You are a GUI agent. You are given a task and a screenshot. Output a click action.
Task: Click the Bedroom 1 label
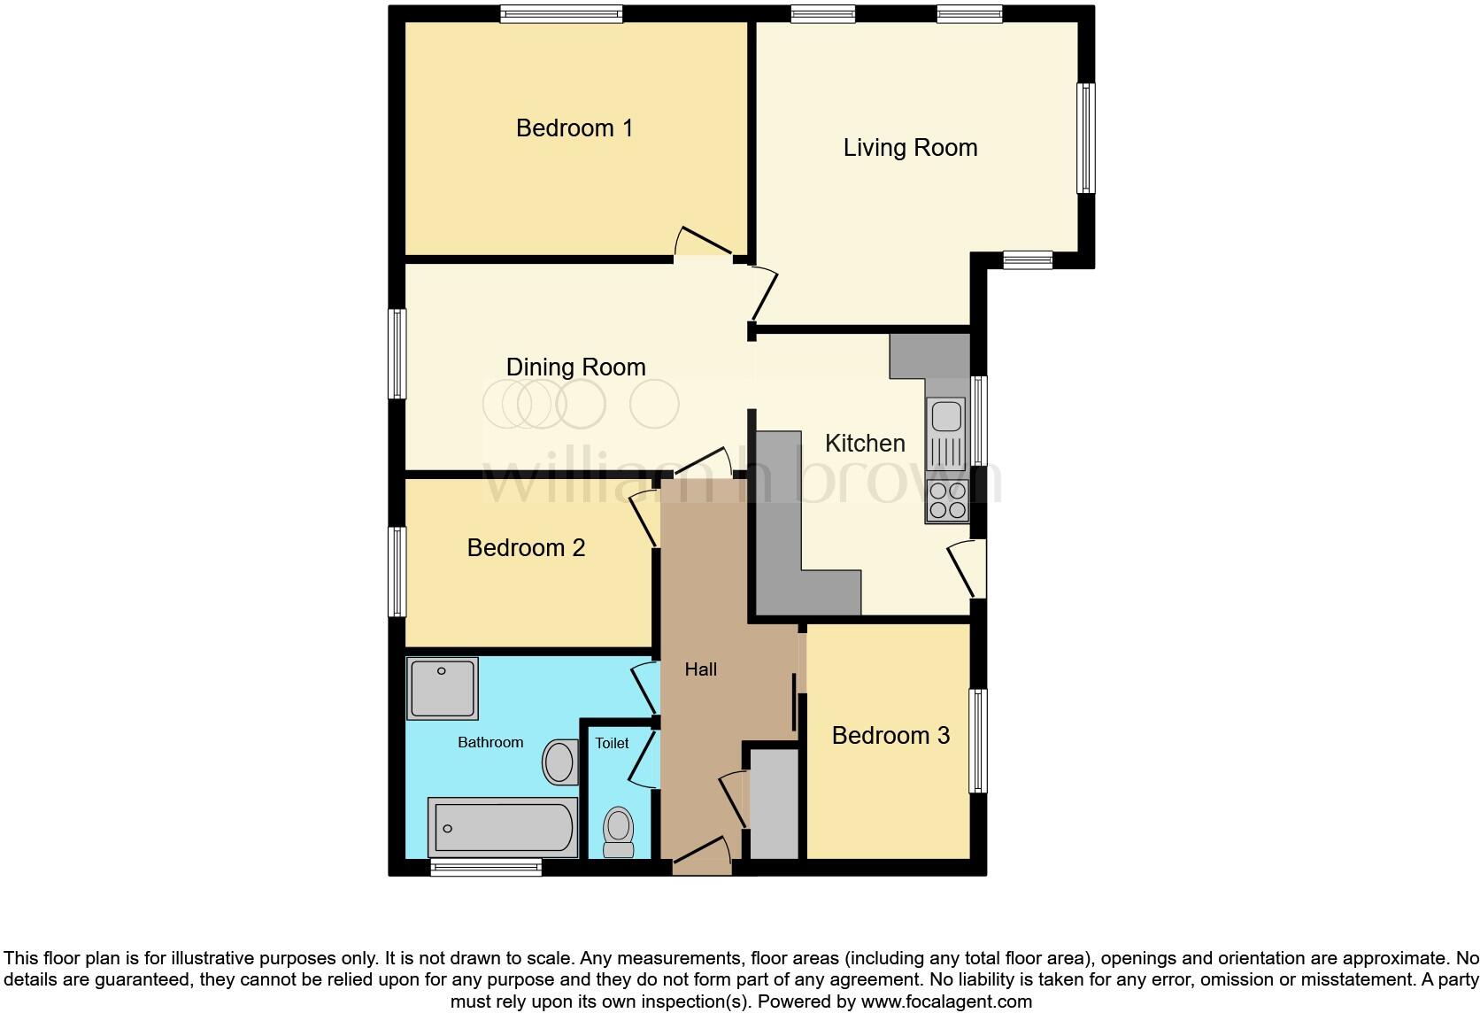click(574, 128)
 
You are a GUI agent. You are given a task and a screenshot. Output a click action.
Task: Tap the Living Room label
click(910, 148)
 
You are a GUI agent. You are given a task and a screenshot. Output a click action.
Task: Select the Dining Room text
click(575, 367)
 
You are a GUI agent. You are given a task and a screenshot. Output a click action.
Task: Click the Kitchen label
click(865, 443)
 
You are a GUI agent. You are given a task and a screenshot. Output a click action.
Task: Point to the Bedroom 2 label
click(526, 548)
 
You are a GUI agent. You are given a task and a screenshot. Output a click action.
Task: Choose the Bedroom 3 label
click(890, 736)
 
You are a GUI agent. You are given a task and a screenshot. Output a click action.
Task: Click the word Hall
click(700, 669)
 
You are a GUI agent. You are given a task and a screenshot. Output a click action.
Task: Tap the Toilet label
click(612, 743)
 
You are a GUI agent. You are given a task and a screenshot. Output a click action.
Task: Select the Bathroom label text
click(490, 742)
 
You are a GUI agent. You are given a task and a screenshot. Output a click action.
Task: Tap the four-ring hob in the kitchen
click(946, 501)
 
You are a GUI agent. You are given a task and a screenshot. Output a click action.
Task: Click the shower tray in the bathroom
click(443, 687)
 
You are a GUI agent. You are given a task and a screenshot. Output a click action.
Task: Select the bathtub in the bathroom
click(502, 827)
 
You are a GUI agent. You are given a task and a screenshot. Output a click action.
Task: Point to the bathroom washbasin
click(559, 762)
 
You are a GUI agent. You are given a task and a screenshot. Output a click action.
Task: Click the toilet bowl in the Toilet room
click(618, 831)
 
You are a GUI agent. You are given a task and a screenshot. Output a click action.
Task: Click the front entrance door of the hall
click(702, 854)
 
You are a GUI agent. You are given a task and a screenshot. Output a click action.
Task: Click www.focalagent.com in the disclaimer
click(945, 1001)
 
